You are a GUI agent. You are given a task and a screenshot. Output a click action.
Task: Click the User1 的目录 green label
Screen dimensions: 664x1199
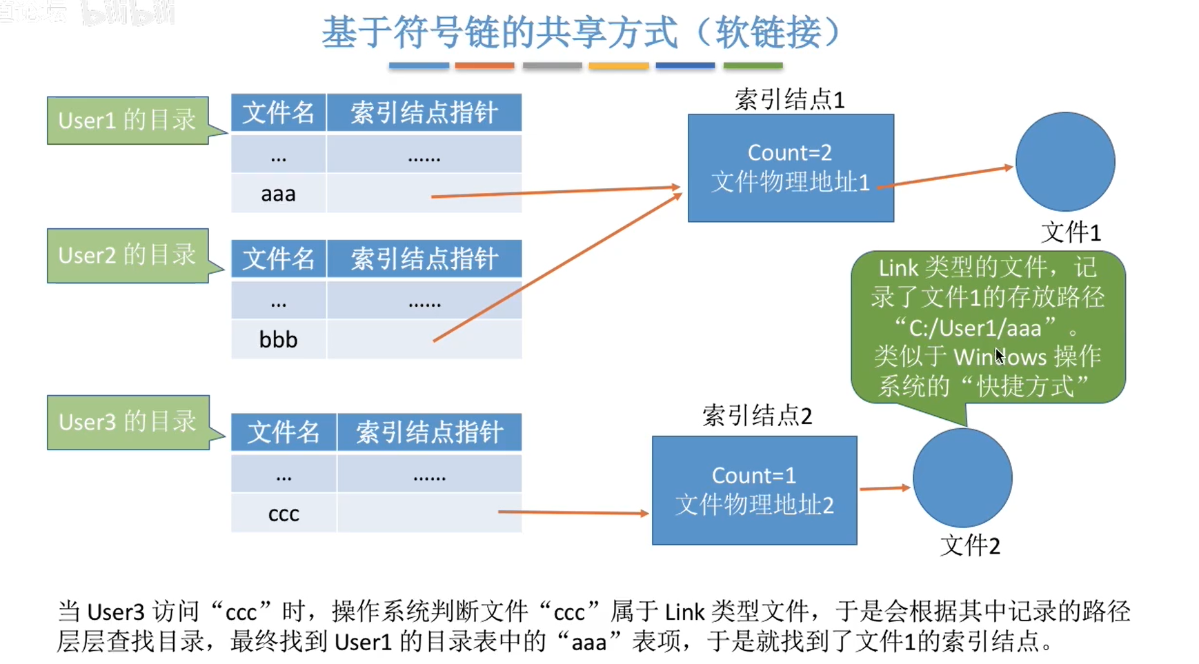pyautogui.click(x=128, y=121)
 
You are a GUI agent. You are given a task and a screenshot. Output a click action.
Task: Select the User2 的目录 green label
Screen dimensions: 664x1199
pyautogui.click(x=128, y=256)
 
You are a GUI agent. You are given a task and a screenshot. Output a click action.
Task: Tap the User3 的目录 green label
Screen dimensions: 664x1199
pyautogui.click(x=128, y=422)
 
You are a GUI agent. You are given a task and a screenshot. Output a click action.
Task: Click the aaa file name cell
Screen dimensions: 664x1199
pyautogui.click(x=278, y=194)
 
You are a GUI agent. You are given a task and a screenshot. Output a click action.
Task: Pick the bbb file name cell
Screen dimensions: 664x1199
pyautogui.click(x=278, y=339)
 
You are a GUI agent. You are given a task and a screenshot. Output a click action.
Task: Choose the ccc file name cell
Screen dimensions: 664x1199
pyautogui.click(x=284, y=514)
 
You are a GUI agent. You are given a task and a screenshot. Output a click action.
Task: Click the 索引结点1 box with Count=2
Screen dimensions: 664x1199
pyautogui.click(x=791, y=168)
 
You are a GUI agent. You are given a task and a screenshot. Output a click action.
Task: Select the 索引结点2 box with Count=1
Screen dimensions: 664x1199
pyautogui.click(x=754, y=490)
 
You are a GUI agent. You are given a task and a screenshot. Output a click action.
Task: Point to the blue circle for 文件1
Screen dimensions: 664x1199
pyautogui.click(x=1064, y=161)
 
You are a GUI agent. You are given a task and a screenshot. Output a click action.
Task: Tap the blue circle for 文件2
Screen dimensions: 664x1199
pyautogui.click(x=962, y=478)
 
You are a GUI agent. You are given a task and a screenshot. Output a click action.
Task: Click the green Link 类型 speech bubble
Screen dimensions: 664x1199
pyautogui.click(x=988, y=327)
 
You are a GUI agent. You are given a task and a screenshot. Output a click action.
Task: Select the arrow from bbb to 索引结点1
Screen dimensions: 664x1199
pyautogui.click(x=557, y=268)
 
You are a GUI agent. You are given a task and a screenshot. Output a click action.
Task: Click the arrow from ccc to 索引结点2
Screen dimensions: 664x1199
pyautogui.click(x=573, y=512)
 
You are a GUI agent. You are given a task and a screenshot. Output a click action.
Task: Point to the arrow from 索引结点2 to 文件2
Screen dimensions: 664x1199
pyautogui.click(x=884, y=488)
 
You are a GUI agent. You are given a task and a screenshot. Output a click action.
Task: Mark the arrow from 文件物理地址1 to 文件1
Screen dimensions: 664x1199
pyautogui.click(x=945, y=176)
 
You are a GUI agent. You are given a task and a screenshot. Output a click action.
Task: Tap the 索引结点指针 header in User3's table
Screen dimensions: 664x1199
pyautogui.click(x=429, y=432)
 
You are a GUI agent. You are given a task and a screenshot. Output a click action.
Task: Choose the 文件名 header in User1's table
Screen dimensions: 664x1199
pyautogui.click(x=278, y=112)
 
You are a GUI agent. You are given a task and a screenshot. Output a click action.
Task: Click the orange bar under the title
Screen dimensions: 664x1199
pyautogui.click(x=484, y=66)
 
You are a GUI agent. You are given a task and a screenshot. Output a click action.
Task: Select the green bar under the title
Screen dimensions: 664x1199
pyautogui.click(x=753, y=66)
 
